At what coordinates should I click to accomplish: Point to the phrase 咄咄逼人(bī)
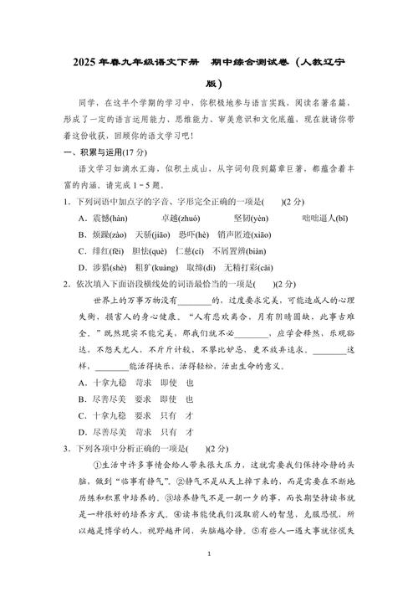tap(322, 218)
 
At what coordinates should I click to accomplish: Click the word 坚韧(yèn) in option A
tap(247, 218)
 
